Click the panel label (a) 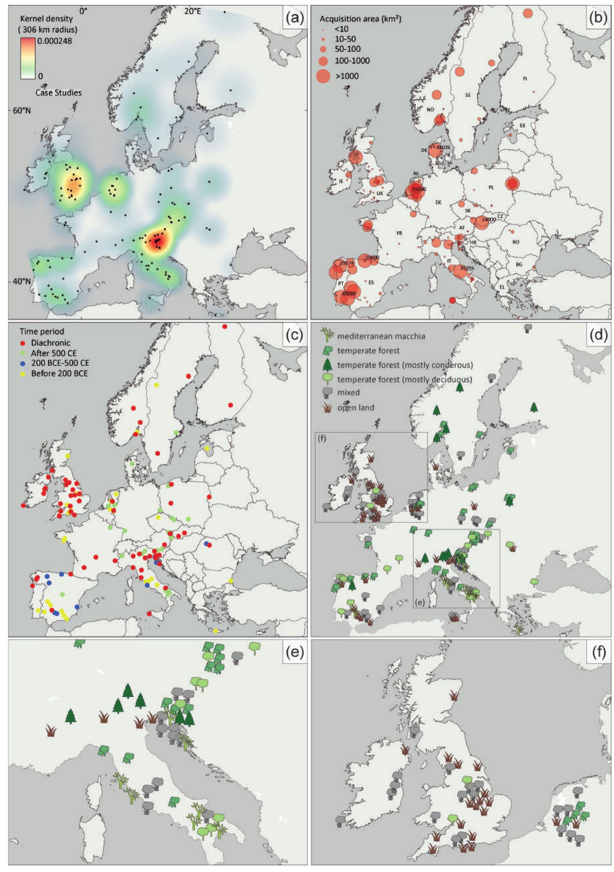(x=294, y=18)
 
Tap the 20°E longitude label (x=193, y=11)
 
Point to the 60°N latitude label (x=22, y=111)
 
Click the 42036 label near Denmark (x=443, y=147)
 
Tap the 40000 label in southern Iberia (x=349, y=294)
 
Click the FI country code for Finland (x=525, y=78)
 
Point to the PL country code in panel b (x=491, y=187)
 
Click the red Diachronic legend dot (x=23, y=343)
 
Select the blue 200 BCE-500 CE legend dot (x=23, y=363)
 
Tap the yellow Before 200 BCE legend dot (x=23, y=374)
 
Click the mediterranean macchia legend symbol (x=327, y=335)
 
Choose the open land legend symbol (x=327, y=408)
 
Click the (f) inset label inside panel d (x=322, y=439)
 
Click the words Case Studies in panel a (x=59, y=93)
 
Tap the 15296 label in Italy (x=467, y=268)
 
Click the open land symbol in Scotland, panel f (x=453, y=696)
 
